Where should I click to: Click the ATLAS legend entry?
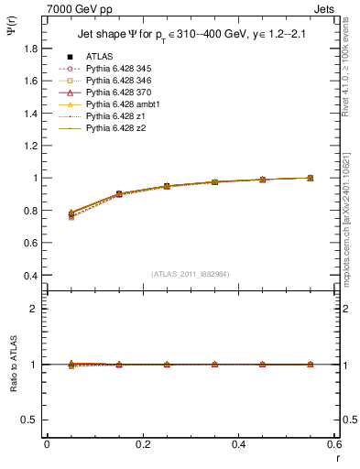[x=98, y=57]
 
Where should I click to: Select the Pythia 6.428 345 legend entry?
[x=115, y=69]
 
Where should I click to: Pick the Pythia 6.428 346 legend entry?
[x=115, y=81]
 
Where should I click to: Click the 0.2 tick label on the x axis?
[x=142, y=443]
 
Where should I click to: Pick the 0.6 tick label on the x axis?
[x=333, y=443]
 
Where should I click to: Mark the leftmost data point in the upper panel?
[x=71, y=214]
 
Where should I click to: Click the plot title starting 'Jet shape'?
[x=190, y=36]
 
